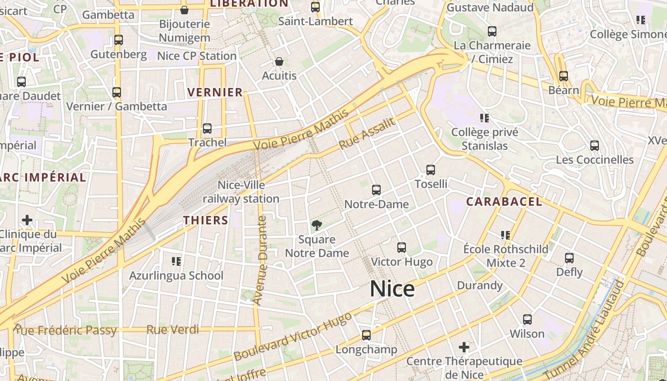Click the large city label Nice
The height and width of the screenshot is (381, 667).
click(x=392, y=289)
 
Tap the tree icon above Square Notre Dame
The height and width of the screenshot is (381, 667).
click(x=316, y=225)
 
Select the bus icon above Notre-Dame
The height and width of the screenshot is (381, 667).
click(x=376, y=190)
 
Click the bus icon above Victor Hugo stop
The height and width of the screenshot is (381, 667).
click(x=402, y=248)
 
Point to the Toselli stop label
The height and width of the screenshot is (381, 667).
click(x=431, y=184)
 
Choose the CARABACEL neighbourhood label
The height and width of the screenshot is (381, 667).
click(x=504, y=201)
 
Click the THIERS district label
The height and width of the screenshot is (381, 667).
click(x=206, y=220)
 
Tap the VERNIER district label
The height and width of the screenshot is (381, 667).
click(x=215, y=92)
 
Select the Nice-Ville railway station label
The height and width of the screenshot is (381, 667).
click(x=241, y=192)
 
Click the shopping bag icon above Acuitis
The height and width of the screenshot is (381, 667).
click(x=279, y=62)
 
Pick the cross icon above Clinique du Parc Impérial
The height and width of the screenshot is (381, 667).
click(x=27, y=220)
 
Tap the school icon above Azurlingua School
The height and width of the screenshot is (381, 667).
click(x=176, y=261)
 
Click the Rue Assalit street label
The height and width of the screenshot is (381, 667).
click(x=367, y=133)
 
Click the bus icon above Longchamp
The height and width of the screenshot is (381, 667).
click(x=366, y=335)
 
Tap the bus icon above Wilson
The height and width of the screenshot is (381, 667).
click(x=527, y=320)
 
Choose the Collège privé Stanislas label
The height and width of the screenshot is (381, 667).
click(x=485, y=139)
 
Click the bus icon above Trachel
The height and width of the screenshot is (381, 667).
click(x=207, y=129)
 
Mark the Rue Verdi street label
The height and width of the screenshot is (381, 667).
click(x=172, y=330)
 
